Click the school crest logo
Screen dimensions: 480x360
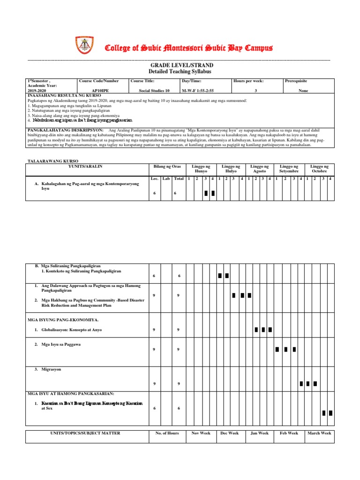coord(84,45)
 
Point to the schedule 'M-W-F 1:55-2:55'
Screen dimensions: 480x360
coord(200,91)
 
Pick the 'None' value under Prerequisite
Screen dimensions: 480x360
coord(303,91)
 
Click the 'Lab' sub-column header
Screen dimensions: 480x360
coord(166,179)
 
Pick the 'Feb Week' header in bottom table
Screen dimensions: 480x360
coord(289,433)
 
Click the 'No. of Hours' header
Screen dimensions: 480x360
coord(167,433)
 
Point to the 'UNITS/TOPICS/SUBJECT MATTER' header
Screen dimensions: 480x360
coord(85,433)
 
